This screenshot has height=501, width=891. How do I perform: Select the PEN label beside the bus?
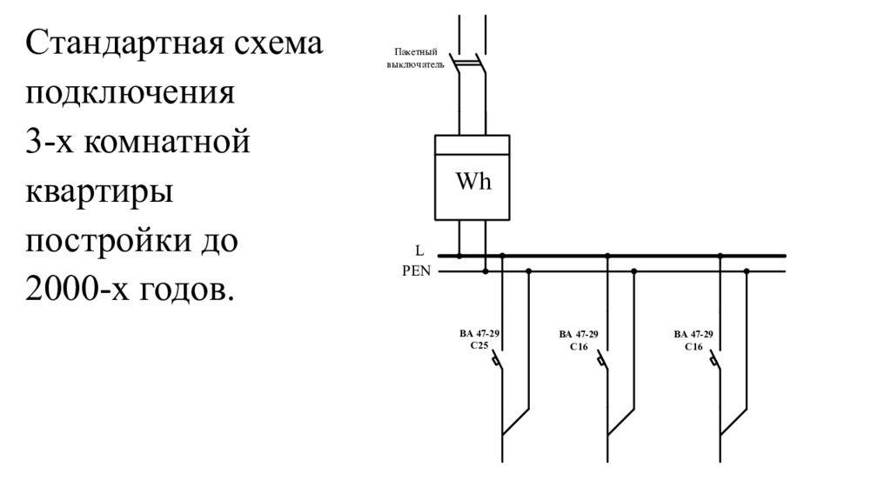click(x=416, y=271)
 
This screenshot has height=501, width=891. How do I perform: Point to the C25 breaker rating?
click(x=479, y=346)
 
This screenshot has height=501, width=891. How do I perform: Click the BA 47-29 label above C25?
click(x=479, y=334)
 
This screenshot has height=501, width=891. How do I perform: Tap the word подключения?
click(x=130, y=93)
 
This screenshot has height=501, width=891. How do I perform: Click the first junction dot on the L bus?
click(x=459, y=256)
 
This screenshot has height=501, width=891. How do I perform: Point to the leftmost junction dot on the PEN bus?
click(x=486, y=271)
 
